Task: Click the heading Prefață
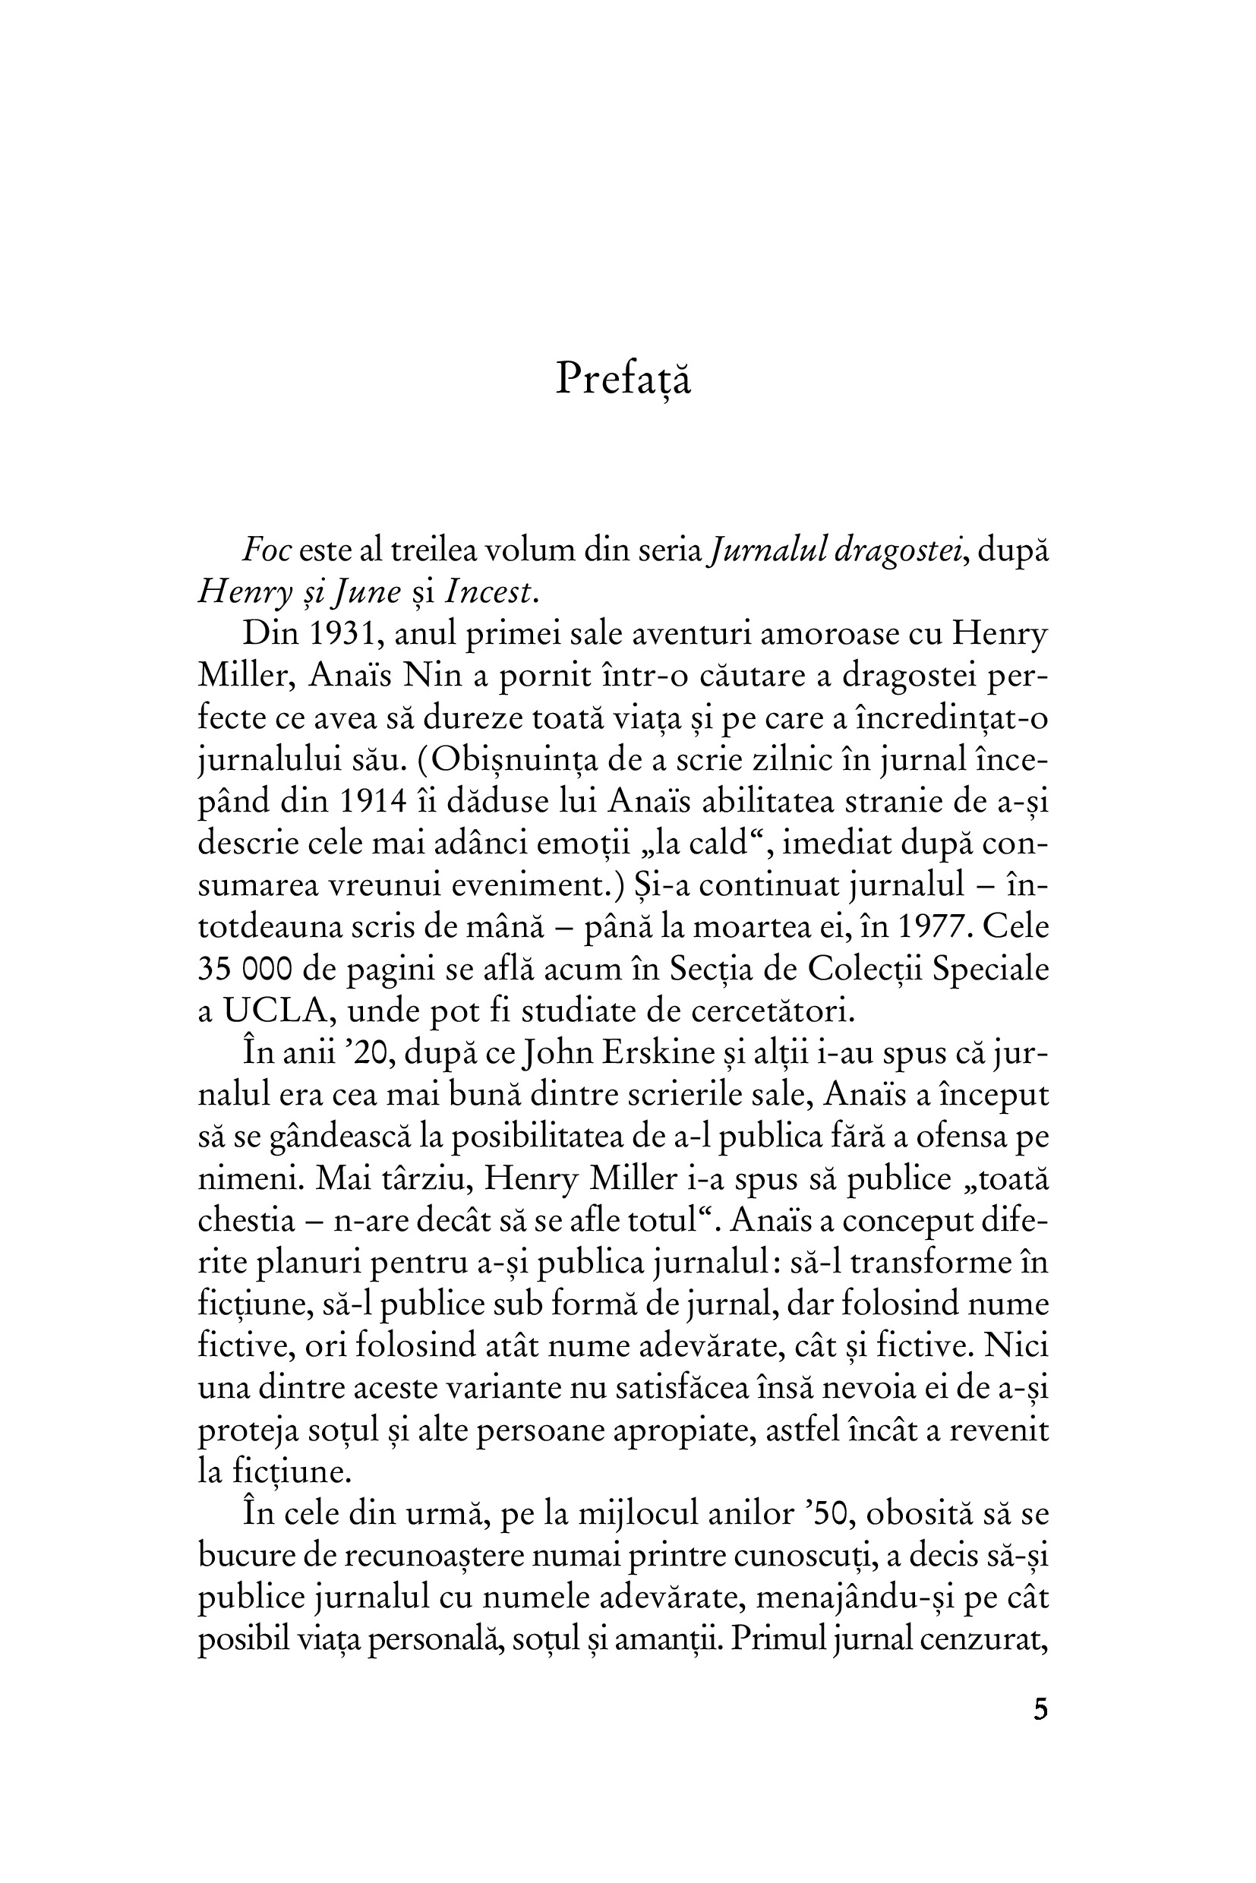(x=623, y=379)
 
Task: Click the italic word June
(x=367, y=593)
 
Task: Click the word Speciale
(x=991, y=969)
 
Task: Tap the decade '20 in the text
(x=373, y=1052)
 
